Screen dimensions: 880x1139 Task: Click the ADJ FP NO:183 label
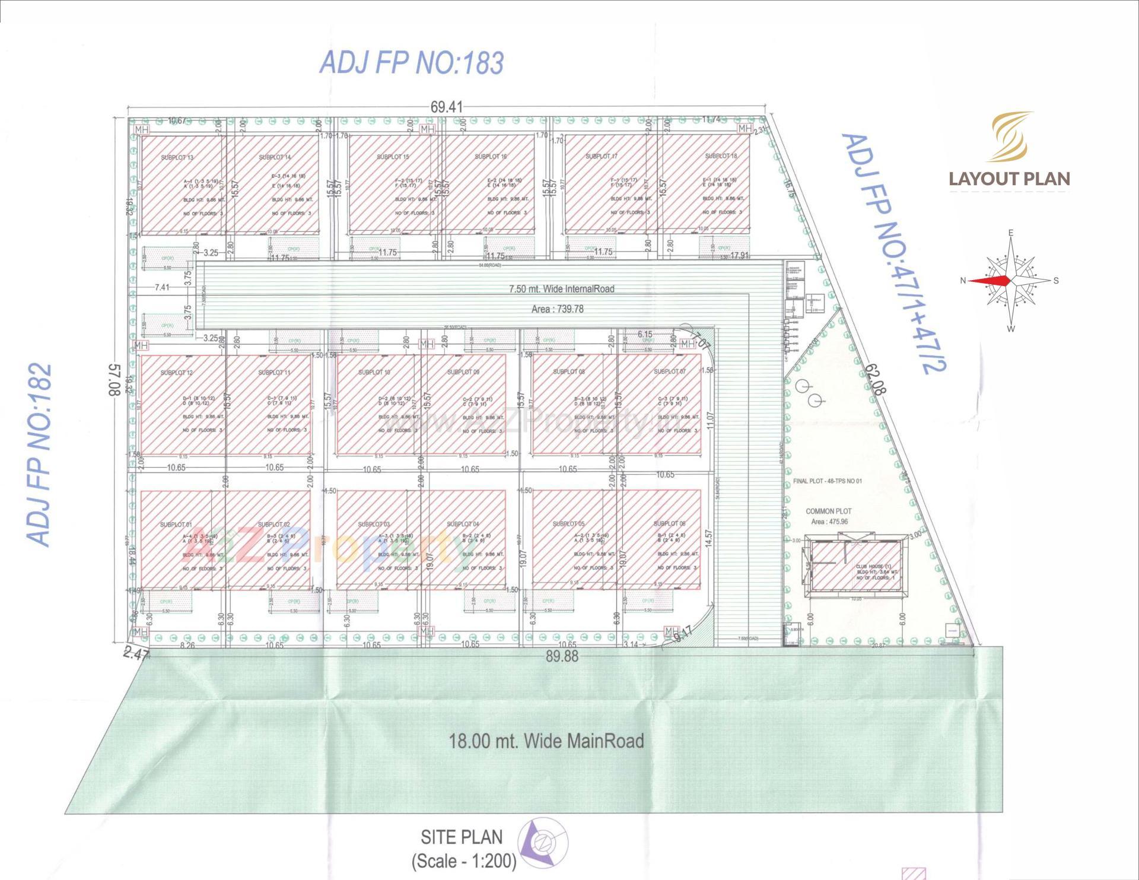coord(412,63)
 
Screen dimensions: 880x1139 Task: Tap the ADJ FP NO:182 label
coord(40,455)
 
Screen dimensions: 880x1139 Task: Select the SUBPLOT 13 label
coord(177,158)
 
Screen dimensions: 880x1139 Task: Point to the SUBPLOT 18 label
coord(721,156)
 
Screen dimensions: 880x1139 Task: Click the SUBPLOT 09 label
coord(463,372)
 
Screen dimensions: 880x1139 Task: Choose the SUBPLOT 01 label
coord(176,525)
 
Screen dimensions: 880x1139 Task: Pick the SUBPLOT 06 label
coord(669,523)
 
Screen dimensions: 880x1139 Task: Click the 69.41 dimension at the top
coord(446,107)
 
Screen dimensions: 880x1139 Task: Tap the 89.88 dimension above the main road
coord(562,656)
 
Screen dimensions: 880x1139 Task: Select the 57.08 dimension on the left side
coord(116,380)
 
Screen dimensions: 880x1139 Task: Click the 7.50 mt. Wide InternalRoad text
coord(561,289)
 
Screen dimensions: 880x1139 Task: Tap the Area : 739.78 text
coord(557,309)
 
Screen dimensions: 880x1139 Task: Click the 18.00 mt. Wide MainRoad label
coord(546,741)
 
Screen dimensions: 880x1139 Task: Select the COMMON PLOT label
coord(828,511)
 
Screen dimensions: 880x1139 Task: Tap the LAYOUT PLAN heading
coord(1009,179)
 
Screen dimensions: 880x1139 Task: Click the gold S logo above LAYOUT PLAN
coord(1009,136)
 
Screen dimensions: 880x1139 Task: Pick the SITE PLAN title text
coord(462,837)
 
